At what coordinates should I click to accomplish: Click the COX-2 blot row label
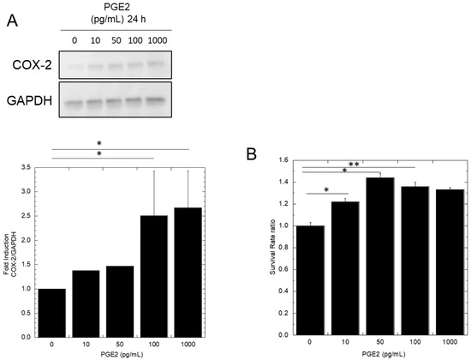(x=31, y=63)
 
